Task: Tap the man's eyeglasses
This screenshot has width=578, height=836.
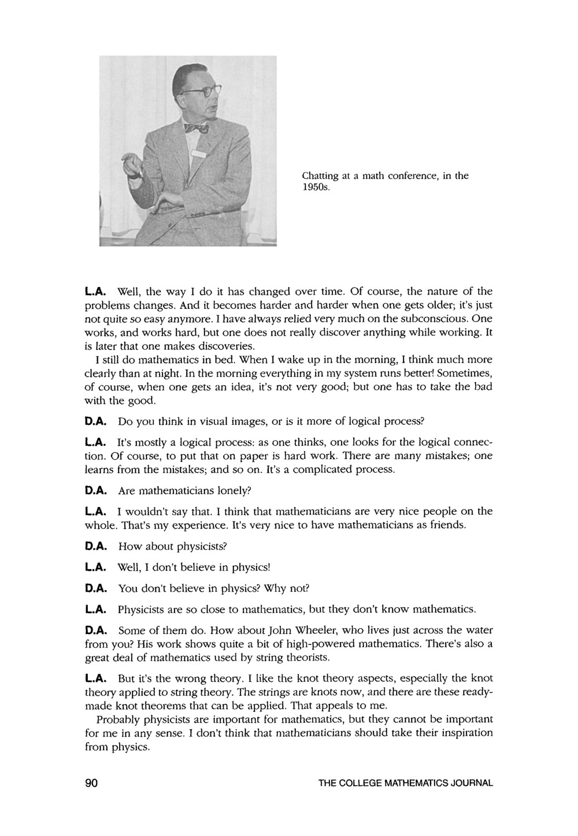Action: (200, 91)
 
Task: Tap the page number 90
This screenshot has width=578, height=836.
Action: (92, 783)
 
